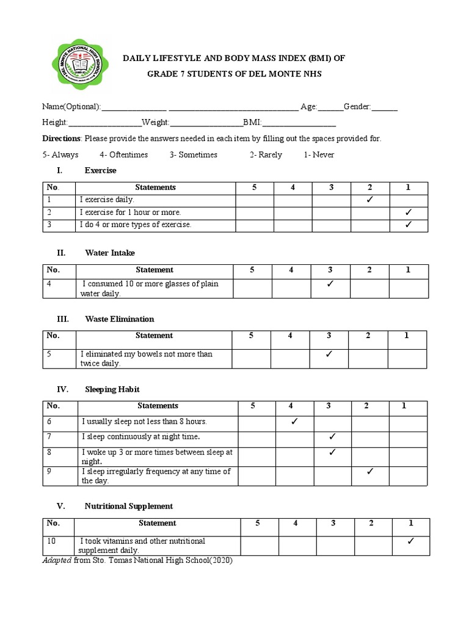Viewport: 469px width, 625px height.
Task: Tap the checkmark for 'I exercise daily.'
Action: [x=370, y=200]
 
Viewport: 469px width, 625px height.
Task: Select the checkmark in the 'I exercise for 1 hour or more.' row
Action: [x=409, y=212]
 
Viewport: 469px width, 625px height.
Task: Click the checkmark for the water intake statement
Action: [x=330, y=284]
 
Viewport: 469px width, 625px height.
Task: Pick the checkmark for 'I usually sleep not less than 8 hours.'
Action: [x=294, y=421]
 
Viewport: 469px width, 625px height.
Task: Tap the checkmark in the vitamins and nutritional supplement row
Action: [x=410, y=541]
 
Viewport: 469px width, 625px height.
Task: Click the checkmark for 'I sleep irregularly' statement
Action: [x=370, y=471]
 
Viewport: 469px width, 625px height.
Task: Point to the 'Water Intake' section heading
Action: [x=110, y=253]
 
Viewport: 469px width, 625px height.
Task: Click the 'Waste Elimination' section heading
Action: [x=119, y=319]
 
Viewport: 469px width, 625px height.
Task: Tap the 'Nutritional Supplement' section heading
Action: [x=128, y=506]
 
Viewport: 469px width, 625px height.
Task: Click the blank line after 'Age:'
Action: [x=330, y=108]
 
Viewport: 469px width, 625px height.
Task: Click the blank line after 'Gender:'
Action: [x=385, y=108]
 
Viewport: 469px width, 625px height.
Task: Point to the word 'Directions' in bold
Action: [x=61, y=139]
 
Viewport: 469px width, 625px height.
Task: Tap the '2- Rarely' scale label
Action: [x=266, y=155]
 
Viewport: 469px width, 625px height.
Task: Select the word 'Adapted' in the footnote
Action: [x=57, y=561]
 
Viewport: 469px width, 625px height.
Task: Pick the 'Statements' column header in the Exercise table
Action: [x=155, y=187]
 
